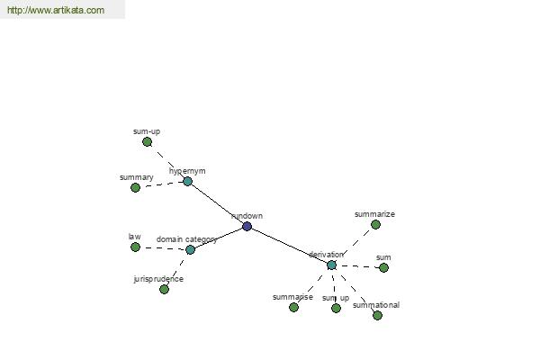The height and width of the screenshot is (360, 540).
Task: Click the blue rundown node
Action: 247,226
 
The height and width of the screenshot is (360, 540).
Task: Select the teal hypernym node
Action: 187,181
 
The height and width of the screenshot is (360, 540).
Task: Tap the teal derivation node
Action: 331,265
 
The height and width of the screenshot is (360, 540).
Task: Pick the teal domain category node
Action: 190,249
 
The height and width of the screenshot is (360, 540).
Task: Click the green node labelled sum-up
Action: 147,141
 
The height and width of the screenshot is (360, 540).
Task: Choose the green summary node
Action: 135,187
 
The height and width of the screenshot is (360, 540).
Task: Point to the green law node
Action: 135,247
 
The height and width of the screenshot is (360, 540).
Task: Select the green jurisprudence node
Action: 165,289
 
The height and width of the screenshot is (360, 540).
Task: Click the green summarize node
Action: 375,225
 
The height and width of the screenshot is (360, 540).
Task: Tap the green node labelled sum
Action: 383,267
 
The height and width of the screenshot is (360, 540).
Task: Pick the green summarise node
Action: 293,307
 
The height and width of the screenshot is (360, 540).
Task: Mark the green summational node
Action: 377,315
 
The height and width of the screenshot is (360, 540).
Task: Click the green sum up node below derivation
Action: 336,308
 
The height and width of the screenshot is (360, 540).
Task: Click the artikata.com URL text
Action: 56,10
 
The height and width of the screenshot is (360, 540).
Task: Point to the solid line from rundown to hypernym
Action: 217,204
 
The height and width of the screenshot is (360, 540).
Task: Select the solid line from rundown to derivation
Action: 289,246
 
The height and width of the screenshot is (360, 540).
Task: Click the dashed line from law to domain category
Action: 163,248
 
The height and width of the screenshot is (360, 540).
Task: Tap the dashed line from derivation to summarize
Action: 355,244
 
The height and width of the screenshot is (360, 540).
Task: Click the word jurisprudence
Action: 158,279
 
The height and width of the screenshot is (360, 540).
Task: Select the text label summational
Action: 376,305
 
